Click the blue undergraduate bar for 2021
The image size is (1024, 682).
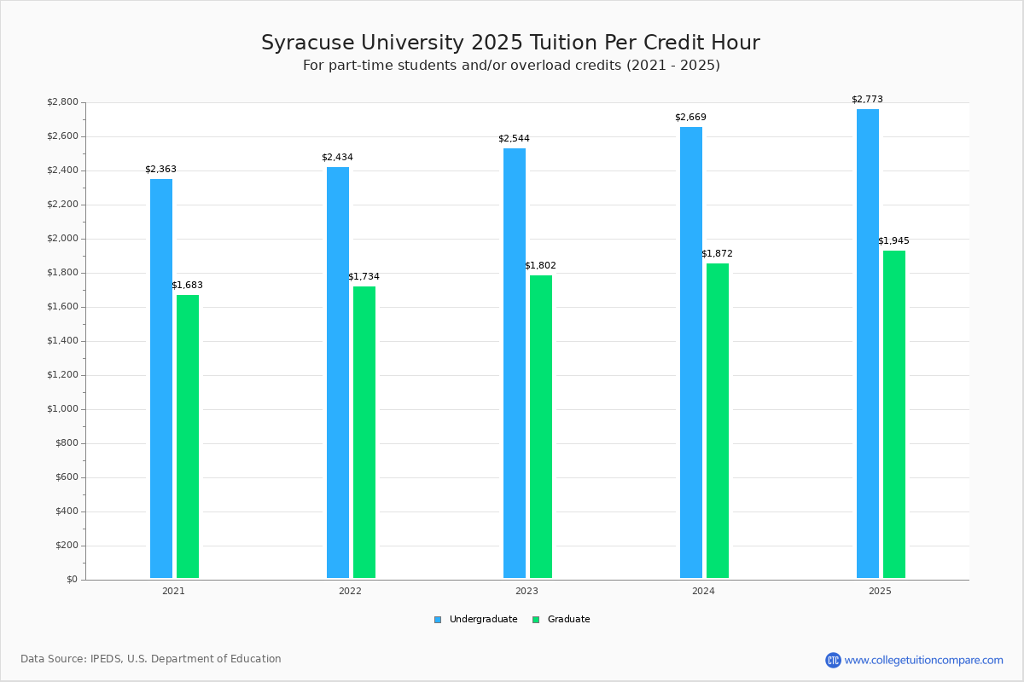tap(161, 379)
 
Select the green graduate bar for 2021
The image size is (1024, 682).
tap(188, 436)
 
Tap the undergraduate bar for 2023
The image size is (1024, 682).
tap(515, 363)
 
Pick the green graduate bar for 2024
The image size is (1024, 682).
tap(718, 421)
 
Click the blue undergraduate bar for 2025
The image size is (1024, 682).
tap(868, 344)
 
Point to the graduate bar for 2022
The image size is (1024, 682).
tap(364, 432)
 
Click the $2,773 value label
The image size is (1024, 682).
tap(867, 100)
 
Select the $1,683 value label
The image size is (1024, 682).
tap(187, 286)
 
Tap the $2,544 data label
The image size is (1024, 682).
tap(514, 139)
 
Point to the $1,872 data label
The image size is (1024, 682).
tap(717, 254)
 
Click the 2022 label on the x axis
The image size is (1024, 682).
tap(350, 591)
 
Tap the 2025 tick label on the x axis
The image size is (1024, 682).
tap(880, 591)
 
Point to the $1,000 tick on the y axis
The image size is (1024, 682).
tap(61, 409)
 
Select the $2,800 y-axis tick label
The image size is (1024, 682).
tap(62, 102)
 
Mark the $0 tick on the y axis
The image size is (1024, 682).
tap(72, 580)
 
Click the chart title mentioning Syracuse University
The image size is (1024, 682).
tap(510, 43)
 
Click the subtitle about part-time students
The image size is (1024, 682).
tap(511, 66)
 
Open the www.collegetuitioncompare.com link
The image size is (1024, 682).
tap(923, 660)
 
